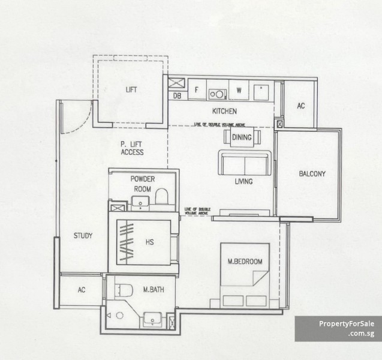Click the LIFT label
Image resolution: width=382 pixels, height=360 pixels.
tap(131, 90)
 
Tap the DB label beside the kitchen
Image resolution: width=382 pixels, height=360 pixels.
tap(178, 95)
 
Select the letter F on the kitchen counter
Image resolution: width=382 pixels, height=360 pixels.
tap(196, 91)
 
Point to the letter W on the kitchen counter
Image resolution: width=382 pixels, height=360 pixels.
tap(238, 91)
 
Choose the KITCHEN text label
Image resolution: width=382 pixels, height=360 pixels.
tap(224, 111)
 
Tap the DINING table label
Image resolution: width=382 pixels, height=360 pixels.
tap(242, 137)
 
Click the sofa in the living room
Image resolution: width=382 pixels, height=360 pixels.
tap(244, 163)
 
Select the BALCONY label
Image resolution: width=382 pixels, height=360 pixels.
tap(312, 174)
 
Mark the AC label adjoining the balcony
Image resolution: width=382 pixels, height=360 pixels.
tap(301, 106)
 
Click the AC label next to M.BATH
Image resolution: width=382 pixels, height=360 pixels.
tap(82, 290)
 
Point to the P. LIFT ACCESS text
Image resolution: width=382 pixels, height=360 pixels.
tap(131, 148)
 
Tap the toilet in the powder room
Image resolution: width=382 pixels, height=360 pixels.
tap(161, 197)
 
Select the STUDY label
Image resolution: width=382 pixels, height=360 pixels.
tap(83, 236)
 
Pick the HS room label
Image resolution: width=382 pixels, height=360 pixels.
tap(150, 242)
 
